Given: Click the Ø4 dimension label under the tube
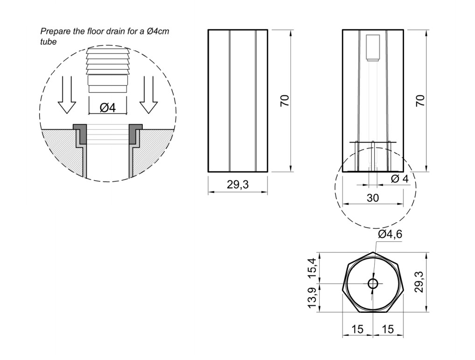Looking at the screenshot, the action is point(107,107).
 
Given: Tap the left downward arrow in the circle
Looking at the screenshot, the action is point(67,94).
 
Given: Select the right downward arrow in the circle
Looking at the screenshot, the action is point(148,94).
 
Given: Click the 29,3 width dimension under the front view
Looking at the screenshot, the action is point(238,184).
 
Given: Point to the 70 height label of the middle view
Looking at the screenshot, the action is point(285,100).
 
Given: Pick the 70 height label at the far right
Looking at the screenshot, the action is point(420,100).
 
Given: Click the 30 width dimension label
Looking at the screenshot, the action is point(373,198).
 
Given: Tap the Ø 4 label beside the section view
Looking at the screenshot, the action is point(400,179).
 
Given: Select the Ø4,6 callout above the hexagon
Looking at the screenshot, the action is point(390,234).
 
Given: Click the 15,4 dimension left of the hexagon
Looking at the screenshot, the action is point(312,268).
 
